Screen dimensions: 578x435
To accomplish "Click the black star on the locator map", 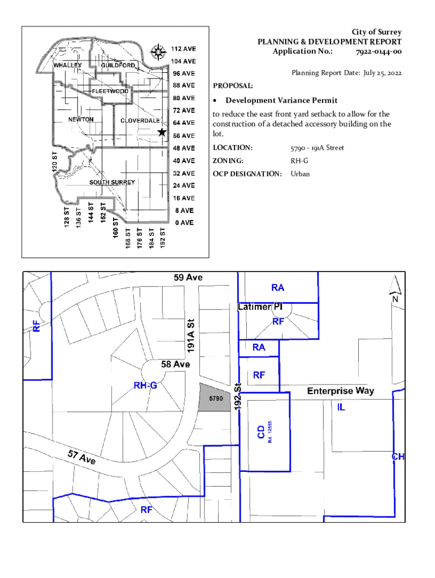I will [162, 132].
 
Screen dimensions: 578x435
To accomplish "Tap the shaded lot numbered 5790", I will [216, 398].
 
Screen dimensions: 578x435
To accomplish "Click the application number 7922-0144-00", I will [379, 51].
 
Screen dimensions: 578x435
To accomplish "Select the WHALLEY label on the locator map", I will [68, 65].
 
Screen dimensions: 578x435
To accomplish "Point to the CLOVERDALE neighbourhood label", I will [140, 121].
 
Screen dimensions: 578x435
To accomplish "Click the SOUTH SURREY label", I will [112, 182].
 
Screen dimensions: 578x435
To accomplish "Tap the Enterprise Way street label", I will [340, 391].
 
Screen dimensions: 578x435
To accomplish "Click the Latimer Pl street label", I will [259, 307].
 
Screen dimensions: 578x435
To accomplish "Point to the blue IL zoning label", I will [341, 408].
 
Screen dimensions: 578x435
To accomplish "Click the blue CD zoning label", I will [261, 432].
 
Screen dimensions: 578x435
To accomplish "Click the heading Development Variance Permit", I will [281, 100].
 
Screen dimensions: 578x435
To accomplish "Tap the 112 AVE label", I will [184, 49].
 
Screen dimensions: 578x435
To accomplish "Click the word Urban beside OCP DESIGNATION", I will [300, 174].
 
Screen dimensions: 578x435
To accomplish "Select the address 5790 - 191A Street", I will [317, 148].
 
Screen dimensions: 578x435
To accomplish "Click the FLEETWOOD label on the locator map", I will [110, 91].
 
